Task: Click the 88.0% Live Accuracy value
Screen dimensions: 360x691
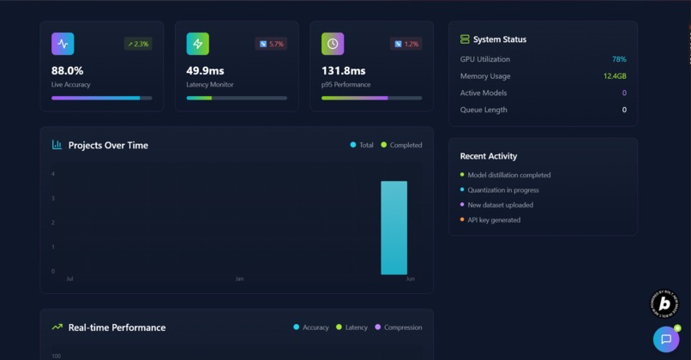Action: (68, 70)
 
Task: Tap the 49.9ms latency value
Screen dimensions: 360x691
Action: (206, 70)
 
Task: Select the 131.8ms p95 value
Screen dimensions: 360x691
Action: (343, 70)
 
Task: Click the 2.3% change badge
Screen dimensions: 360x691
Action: (138, 44)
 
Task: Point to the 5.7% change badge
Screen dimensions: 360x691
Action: (271, 44)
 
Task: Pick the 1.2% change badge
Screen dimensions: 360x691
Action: (406, 44)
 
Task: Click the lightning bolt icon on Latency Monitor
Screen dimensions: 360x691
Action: (198, 44)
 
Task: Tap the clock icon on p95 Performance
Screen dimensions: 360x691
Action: (333, 44)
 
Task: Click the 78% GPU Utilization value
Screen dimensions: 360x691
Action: (618, 59)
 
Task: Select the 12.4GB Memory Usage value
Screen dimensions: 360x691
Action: (614, 76)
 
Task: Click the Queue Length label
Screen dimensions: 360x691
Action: (484, 110)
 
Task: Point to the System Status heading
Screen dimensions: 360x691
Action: (500, 39)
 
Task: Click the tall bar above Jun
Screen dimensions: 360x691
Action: (394, 227)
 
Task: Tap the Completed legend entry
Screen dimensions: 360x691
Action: (401, 145)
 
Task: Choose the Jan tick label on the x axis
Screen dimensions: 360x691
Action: (239, 279)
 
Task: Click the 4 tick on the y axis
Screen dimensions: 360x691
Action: (53, 174)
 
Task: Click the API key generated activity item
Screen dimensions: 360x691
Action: (493, 220)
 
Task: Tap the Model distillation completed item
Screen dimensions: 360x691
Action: (508, 175)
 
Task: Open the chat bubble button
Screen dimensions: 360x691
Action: (666, 339)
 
